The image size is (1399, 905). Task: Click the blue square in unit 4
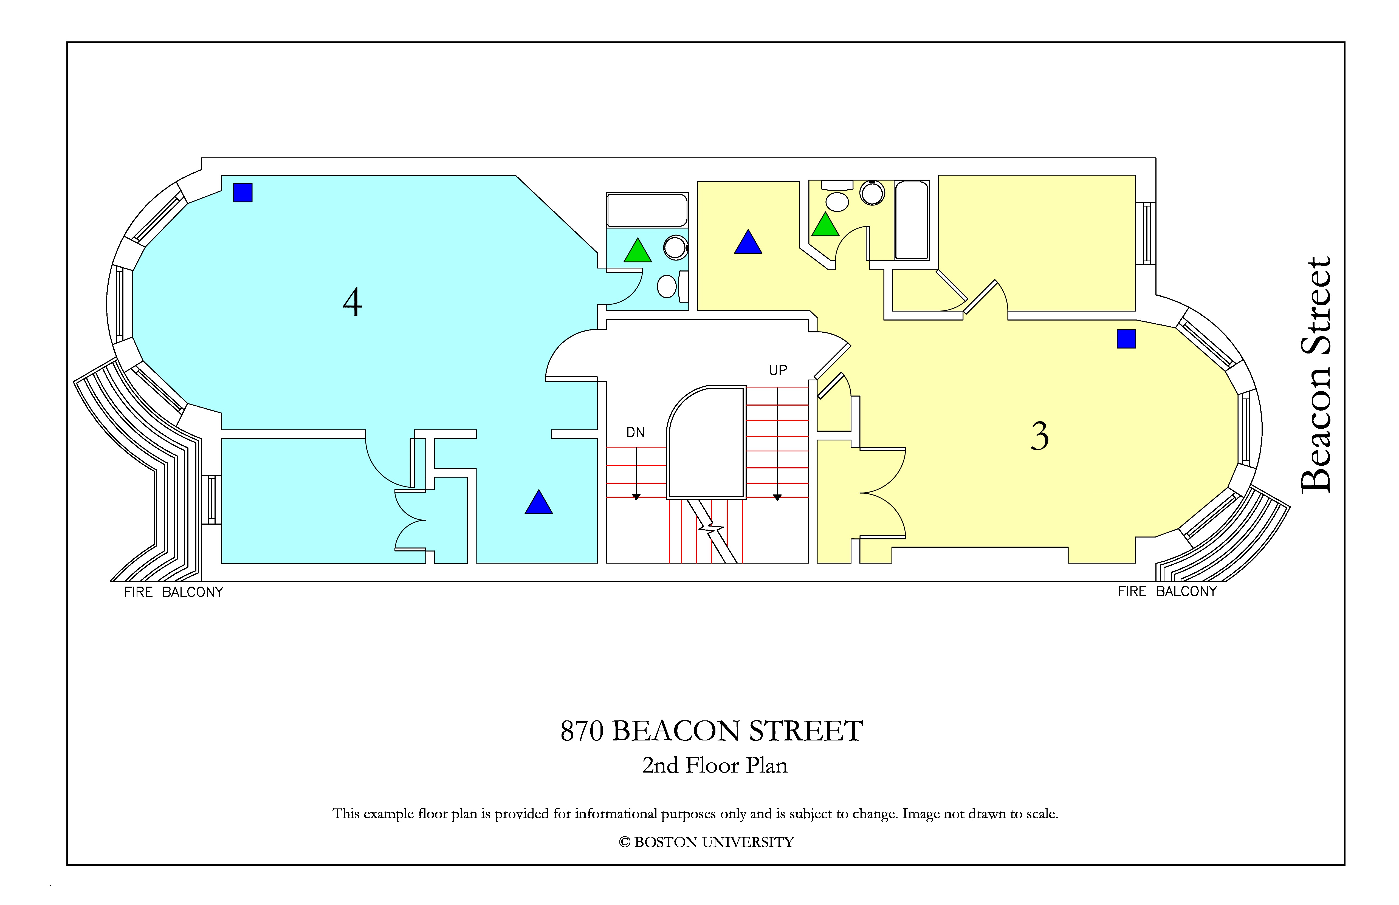243,193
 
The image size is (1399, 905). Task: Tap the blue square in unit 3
1126,339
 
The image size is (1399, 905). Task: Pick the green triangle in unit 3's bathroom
825,225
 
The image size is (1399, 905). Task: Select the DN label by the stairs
635,432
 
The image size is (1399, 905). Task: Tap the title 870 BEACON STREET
712,731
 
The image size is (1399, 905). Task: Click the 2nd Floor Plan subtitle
715,765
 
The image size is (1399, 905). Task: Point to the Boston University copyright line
707,842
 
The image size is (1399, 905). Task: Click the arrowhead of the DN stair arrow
636,497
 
